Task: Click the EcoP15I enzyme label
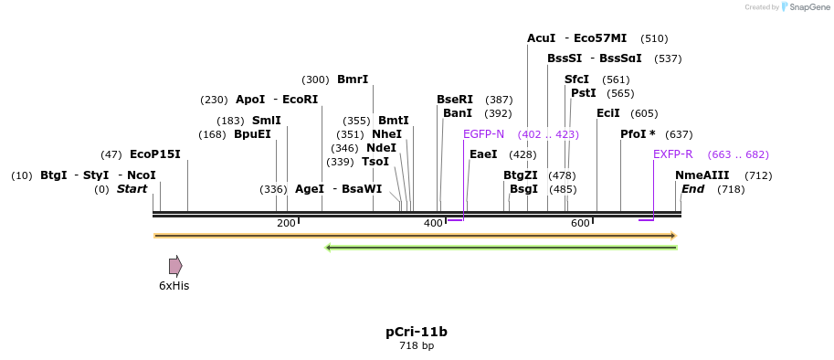click(154, 154)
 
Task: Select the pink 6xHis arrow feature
click(175, 266)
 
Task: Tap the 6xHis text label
click(174, 286)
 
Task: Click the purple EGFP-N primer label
click(483, 134)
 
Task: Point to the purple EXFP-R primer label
click(672, 154)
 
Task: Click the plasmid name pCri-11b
click(417, 332)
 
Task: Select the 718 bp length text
click(417, 346)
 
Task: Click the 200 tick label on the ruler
click(286, 223)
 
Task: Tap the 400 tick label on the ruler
click(433, 223)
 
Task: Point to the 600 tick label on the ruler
click(580, 223)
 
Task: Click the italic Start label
click(132, 189)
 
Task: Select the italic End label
click(692, 189)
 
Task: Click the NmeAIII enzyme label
click(702, 175)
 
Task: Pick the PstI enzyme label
click(583, 93)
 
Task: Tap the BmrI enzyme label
click(353, 79)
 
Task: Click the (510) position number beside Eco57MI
click(654, 38)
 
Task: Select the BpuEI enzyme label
click(252, 134)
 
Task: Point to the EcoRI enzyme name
click(300, 100)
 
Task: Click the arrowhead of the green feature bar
click(329, 247)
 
